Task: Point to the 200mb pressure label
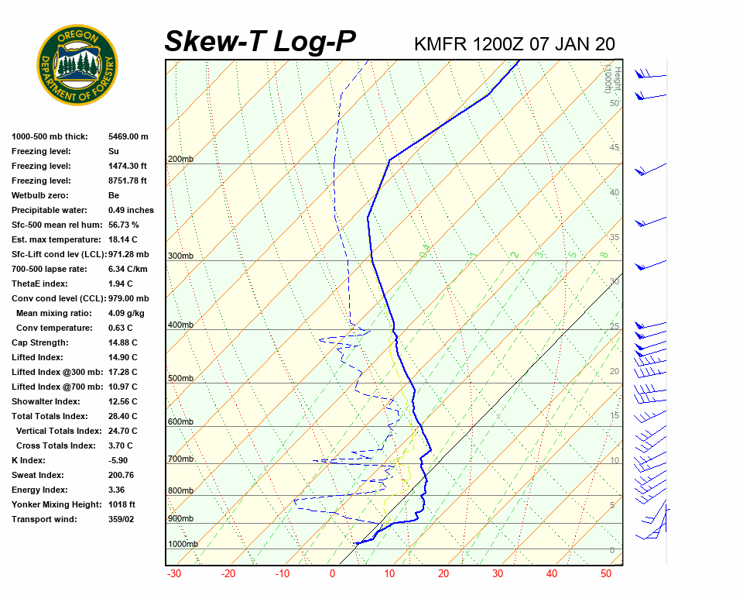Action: (180, 160)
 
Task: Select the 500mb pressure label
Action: (180, 379)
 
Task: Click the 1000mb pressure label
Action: (183, 545)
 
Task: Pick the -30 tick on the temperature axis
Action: (174, 574)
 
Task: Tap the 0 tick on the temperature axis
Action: (333, 574)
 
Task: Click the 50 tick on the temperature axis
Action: (606, 574)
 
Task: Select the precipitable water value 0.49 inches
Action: (131, 210)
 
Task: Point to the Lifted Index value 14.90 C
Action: (122, 357)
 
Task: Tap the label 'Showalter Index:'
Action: (46, 401)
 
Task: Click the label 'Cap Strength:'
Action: (40, 342)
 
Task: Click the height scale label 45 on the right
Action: (615, 148)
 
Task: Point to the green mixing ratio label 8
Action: (604, 254)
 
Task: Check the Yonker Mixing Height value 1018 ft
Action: (122, 504)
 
